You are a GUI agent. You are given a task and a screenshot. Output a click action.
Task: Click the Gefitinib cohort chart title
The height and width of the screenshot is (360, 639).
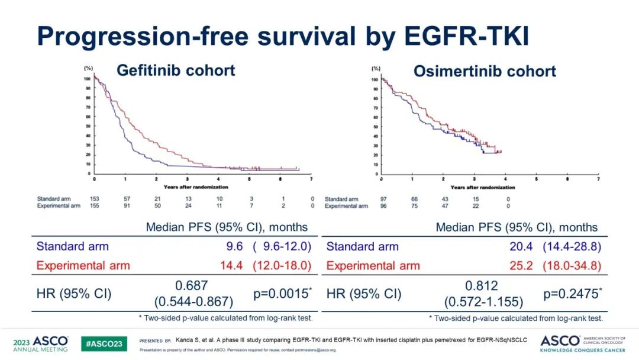176,70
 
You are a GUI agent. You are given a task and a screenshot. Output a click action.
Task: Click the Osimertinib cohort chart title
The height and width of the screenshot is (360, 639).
485,72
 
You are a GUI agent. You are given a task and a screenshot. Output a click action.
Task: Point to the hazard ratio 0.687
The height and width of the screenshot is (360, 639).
192,285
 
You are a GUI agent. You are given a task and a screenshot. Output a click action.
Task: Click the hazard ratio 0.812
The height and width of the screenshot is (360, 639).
482,285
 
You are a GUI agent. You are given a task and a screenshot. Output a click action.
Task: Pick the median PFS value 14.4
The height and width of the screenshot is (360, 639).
231,266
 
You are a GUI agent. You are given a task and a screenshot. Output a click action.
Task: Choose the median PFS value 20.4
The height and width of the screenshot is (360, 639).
521,246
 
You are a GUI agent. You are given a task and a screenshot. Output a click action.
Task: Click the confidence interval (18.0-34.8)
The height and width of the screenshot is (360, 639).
572,266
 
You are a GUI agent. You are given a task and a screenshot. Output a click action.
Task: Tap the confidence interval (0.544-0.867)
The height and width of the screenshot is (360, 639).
192,301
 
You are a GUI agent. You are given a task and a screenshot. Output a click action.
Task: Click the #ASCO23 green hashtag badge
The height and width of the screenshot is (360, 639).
104,343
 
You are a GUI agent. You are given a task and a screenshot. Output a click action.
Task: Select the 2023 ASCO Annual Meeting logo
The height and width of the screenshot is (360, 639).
40,343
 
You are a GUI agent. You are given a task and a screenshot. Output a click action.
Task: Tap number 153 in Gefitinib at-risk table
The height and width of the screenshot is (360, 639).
94,199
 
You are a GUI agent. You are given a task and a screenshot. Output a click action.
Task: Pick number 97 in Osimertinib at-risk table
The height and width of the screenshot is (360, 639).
384,199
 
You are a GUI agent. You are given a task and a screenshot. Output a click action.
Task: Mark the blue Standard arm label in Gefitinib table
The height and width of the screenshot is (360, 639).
72,246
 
